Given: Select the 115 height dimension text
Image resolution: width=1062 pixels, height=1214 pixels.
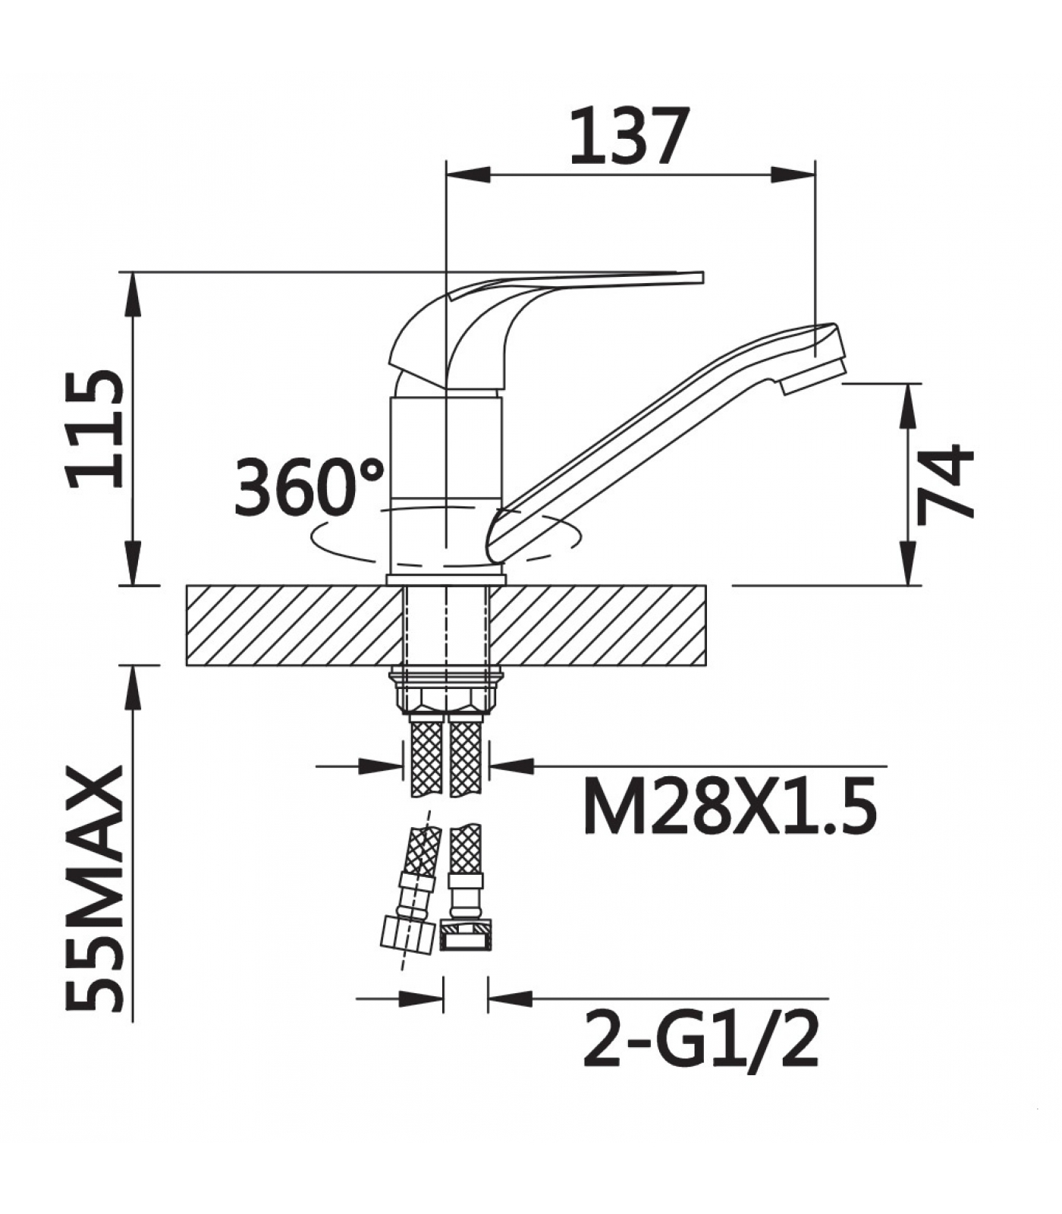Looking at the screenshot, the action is [95, 429].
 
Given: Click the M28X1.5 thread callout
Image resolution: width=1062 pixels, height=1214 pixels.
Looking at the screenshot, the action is [730, 805].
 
